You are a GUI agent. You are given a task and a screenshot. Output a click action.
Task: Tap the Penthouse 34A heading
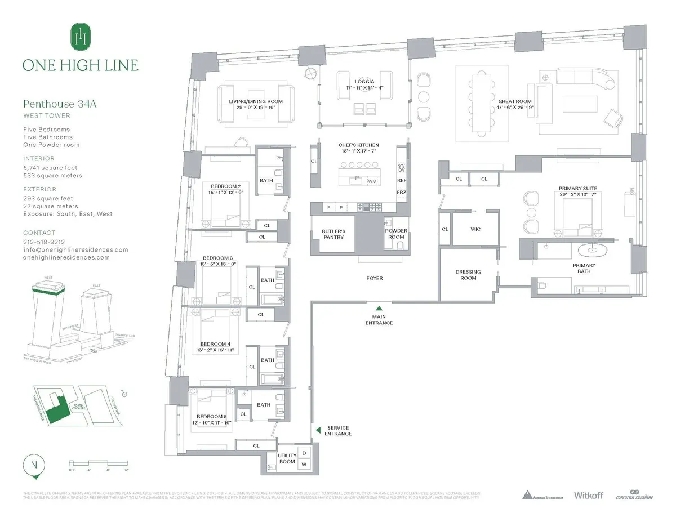click(56, 104)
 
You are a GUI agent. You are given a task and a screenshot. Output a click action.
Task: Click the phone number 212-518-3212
click(44, 242)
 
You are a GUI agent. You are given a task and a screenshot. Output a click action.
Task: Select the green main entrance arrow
click(379, 308)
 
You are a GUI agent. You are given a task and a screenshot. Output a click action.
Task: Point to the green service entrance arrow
click(318, 430)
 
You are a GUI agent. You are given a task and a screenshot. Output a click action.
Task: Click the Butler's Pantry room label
click(333, 234)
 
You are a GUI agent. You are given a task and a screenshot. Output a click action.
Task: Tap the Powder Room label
click(396, 234)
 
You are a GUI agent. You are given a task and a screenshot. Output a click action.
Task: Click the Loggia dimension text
click(366, 88)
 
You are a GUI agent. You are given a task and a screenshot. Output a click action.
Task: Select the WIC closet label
click(474, 229)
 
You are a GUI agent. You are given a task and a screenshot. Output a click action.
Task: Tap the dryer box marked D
click(304, 453)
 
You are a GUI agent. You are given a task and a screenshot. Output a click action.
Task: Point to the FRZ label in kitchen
click(401, 193)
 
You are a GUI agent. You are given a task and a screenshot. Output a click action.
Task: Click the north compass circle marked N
click(34, 466)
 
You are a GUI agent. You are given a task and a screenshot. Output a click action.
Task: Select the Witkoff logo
click(588, 496)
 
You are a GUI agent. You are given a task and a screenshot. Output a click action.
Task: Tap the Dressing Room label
click(468, 275)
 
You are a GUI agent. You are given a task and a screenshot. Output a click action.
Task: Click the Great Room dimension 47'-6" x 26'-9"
click(515, 108)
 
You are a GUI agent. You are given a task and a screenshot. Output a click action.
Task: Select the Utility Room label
click(287, 458)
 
